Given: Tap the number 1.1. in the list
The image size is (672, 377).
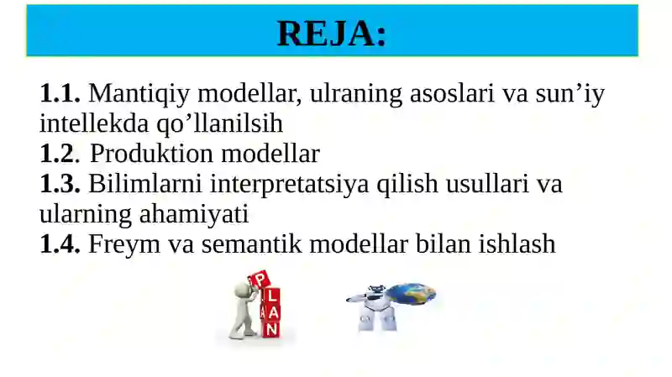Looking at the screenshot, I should pyautogui.click(x=60, y=94).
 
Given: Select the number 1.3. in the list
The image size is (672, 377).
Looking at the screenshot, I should pyautogui.click(x=60, y=185).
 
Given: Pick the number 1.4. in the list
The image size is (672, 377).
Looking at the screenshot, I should pyautogui.click(x=60, y=244).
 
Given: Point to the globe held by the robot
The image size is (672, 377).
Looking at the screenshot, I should pyautogui.click(x=411, y=295).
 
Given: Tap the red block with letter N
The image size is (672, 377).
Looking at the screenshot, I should pyautogui.click(x=270, y=329).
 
